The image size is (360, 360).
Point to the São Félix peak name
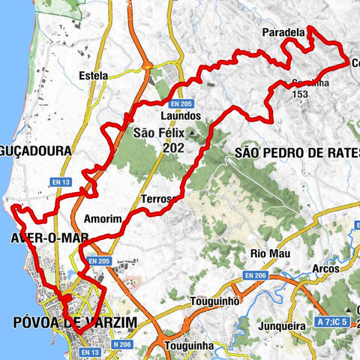tap(158, 134)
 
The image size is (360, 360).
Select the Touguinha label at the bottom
tap(188, 346)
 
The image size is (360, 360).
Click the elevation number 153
tap(302, 94)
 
